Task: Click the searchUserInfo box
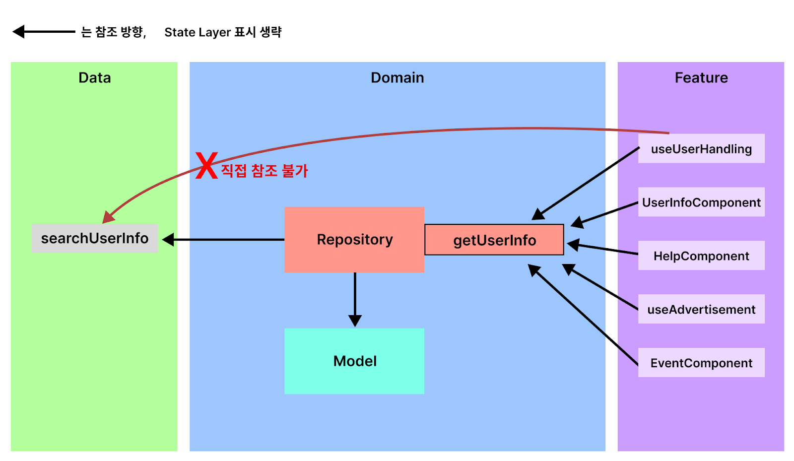coord(95,238)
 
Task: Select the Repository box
coord(354,240)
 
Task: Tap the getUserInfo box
coord(494,240)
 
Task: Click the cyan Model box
coord(354,361)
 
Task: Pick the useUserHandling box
coord(702,148)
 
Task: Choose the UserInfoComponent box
coord(702,202)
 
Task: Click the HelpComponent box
coord(702,256)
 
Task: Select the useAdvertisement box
coord(702,309)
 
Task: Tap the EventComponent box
coord(702,362)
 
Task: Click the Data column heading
coord(95,77)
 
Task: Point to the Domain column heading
coord(397,77)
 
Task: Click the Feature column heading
coord(702,77)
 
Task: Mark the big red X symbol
coord(206,165)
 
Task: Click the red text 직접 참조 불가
coord(265,171)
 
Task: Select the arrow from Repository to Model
coord(355,299)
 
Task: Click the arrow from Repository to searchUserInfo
coord(223,240)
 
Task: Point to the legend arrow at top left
coord(44,32)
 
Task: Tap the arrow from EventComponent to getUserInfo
coord(583,315)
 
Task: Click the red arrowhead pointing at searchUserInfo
coord(109,217)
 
